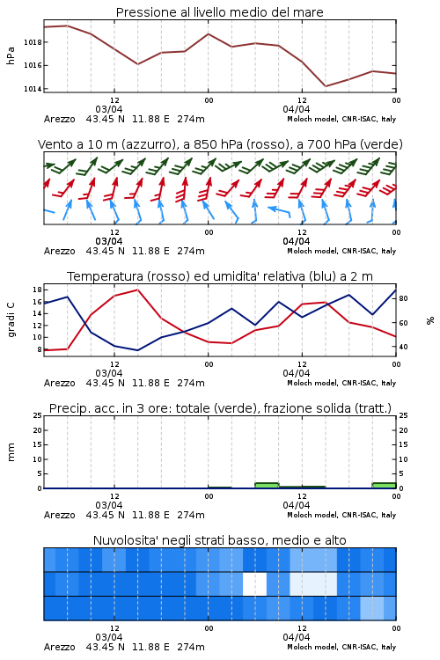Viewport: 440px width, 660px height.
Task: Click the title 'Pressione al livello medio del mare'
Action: coord(219,12)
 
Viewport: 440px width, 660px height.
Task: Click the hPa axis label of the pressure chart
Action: coord(11,55)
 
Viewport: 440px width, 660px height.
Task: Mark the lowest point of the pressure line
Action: coord(326,86)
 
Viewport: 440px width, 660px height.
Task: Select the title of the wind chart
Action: coord(220,144)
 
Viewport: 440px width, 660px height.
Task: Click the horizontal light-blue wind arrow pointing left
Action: coord(279,211)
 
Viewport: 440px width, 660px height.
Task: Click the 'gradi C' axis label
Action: coord(11,319)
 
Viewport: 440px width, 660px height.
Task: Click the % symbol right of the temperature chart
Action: coord(430,320)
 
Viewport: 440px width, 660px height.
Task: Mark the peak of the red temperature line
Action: coord(137,290)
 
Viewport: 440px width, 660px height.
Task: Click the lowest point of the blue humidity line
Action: coord(137,350)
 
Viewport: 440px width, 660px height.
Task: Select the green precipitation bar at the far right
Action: coord(384,485)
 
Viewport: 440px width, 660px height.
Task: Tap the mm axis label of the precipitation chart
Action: coord(11,452)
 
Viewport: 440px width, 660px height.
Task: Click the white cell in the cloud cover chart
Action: coord(254,583)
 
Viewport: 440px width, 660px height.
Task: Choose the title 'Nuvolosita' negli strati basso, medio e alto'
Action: coord(219,540)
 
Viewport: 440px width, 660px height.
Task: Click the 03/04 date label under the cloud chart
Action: coord(109,637)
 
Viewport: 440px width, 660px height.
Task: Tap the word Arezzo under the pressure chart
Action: coord(59,119)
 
